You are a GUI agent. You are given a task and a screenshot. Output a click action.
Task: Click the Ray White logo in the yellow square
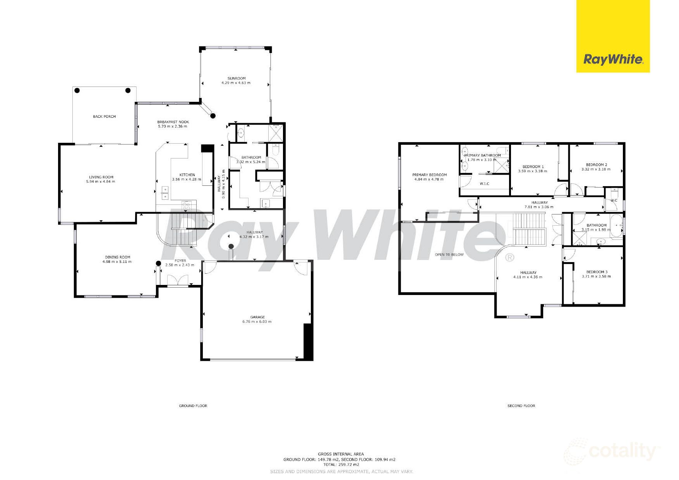point(613,59)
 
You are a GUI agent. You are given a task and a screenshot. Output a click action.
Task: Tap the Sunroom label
point(236,78)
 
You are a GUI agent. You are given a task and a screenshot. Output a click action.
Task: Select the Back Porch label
point(104,117)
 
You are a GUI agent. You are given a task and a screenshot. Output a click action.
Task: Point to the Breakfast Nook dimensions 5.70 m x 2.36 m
point(173,127)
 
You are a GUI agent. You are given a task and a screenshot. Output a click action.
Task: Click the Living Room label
point(101,177)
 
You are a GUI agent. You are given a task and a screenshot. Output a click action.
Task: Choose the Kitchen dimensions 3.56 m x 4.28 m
point(187,180)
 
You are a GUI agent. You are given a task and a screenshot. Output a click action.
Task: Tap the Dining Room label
point(117,257)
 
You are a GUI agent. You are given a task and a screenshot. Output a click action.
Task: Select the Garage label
point(257,317)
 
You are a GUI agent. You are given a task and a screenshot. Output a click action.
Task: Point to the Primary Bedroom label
point(429,175)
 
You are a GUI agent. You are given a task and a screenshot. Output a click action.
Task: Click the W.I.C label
point(484,183)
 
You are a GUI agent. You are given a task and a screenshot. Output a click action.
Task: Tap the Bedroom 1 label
point(533,167)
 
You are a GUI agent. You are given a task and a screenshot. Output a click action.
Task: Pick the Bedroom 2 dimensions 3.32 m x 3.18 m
point(596,169)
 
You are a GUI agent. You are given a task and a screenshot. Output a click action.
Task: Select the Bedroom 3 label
point(597,272)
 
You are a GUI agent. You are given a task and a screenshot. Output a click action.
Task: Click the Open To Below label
point(449,255)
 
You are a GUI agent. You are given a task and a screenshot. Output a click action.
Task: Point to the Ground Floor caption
point(193,406)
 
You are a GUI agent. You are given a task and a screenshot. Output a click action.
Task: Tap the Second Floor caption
point(521,406)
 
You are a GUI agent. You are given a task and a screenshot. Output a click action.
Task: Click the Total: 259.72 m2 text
point(341,465)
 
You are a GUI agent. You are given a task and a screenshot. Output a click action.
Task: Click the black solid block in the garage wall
point(308,342)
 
